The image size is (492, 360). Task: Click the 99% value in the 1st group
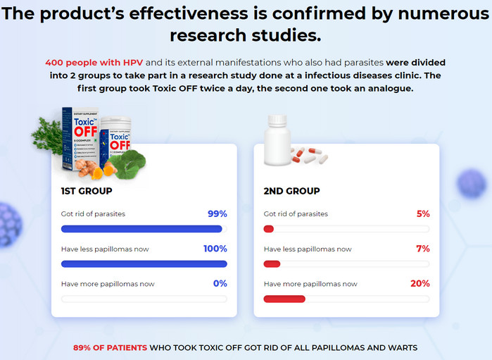[217, 213]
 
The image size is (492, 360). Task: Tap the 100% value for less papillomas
[215, 249]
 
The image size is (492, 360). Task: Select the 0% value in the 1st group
[220, 284]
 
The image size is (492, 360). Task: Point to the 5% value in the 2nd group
[422, 213]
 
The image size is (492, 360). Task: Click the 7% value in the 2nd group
[422, 249]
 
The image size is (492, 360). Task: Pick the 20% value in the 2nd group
[420, 284]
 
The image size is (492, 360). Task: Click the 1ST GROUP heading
[87, 191]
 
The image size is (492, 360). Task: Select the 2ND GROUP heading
[291, 191]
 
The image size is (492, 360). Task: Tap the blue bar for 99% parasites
[141, 229]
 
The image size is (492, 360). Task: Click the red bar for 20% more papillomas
[284, 299]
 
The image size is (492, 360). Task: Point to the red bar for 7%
[272, 264]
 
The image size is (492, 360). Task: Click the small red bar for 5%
[268, 229]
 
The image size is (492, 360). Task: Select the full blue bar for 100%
[144, 264]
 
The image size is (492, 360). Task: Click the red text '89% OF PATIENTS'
[111, 347]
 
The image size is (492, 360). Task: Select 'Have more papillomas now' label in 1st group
[108, 284]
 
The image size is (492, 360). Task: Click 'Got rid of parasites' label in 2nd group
[296, 213]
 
